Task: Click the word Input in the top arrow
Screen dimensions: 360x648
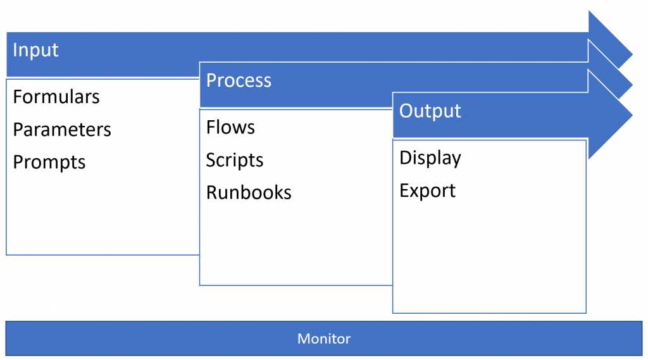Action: pyautogui.click(x=35, y=50)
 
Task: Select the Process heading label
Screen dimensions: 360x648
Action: pyautogui.click(x=239, y=81)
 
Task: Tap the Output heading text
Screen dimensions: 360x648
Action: pyautogui.click(x=430, y=111)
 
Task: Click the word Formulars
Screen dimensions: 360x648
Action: pyautogui.click(x=56, y=97)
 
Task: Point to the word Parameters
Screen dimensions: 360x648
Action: pyautogui.click(x=62, y=130)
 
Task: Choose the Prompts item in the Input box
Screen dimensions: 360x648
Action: pyautogui.click(x=49, y=163)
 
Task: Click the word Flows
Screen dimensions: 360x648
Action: pyautogui.click(x=230, y=127)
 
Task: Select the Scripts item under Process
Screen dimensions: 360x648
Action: pyautogui.click(x=235, y=160)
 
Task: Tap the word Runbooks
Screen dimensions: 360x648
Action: pyautogui.click(x=249, y=192)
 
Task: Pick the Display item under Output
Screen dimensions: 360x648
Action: pyautogui.click(x=430, y=158)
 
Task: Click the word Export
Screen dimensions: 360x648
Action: pyautogui.click(x=428, y=190)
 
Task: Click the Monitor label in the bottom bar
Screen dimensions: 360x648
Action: pyautogui.click(x=324, y=339)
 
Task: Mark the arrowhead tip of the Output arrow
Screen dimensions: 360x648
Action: pyautogui.click(x=631, y=115)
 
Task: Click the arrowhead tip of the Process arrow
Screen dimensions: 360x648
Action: pyautogui.click(x=631, y=84)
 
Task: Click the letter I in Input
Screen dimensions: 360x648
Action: pyautogui.click(x=15, y=50)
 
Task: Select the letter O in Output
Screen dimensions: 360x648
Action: pyautogui.click(x=406, y=111)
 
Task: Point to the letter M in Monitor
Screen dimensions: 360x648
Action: pyautogui.click(x=302, y=339)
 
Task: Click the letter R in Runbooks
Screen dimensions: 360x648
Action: pyautogui.click(x=211, y=192)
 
